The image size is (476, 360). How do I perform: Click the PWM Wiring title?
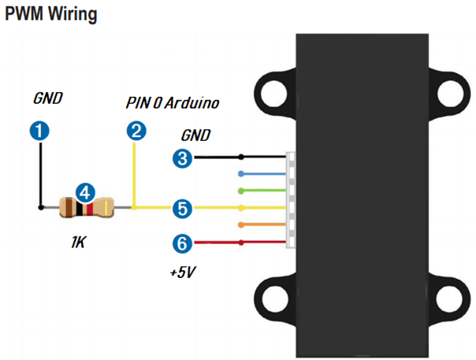pyautogui.click(x=53, y=15)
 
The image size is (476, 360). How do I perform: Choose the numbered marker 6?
pyautogui.click(x=183, y=244)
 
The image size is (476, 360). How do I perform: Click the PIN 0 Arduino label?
pyautogui.click(x=172, y=103)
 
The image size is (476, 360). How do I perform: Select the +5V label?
pyautogui.click(x=183, y=273)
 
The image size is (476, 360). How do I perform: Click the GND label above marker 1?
pyautogui.click(x=47, y=99)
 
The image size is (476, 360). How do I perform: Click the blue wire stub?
pyautogui.click(x=264, y=173)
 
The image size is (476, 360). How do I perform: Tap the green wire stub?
pyautogui.click(x=264, y=191)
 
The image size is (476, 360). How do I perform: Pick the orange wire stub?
pyautogui.click(x=264, y=226)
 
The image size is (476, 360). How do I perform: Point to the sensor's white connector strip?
pyautogui.click(x=291, y=200)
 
